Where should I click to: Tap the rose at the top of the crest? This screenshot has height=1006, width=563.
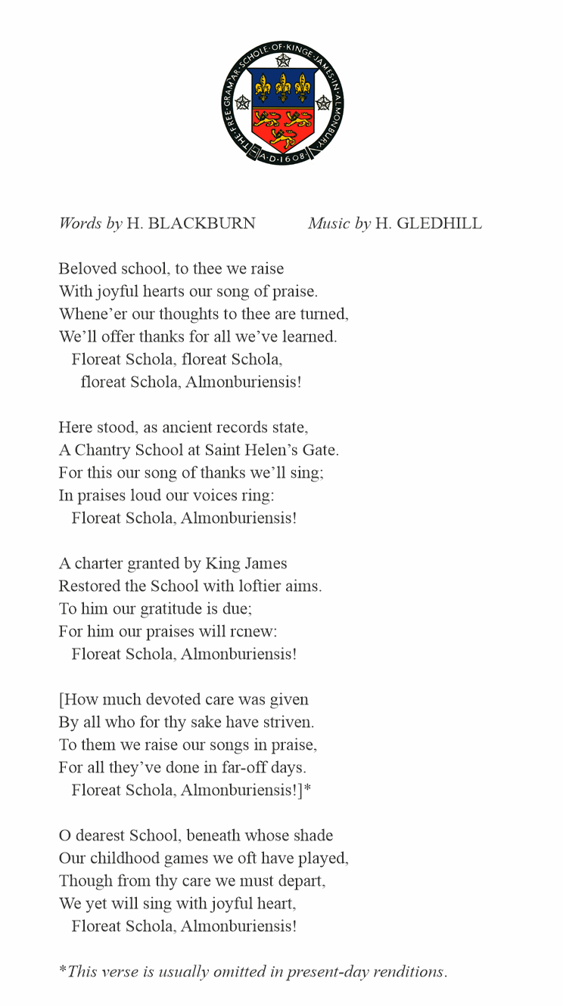[283, 60]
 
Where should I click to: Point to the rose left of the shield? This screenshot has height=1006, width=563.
[243, 103]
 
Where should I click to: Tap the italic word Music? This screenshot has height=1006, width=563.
[328, 224]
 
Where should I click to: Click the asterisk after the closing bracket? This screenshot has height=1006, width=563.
[307, 788]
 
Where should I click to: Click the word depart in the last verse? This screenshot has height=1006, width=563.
[303, 881]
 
